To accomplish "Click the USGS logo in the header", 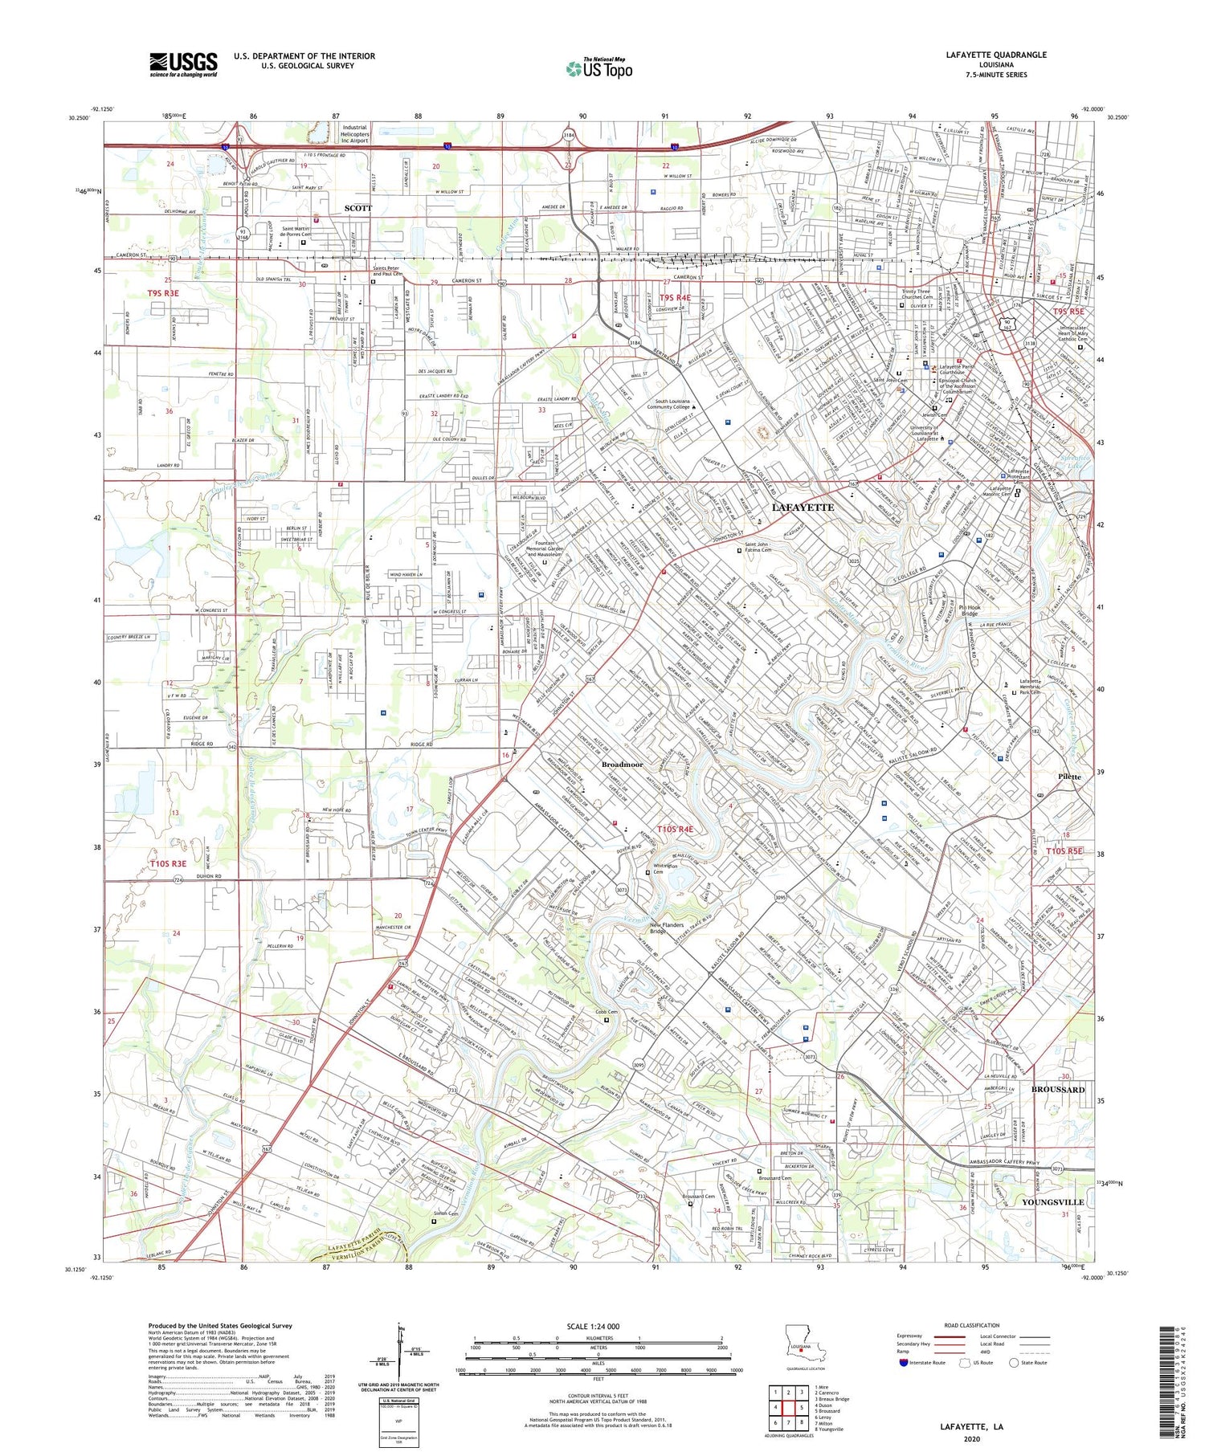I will [183, 63].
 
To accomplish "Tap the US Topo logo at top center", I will [598, 68].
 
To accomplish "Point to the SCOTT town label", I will [358, 208].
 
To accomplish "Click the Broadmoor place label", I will [622, 765].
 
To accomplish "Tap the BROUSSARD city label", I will [1058, 1090].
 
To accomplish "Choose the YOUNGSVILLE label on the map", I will [1052, 1202].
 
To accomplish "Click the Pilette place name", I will [1069, 777].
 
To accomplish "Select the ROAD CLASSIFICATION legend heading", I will [972, 1325].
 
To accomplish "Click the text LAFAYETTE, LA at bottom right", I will [971, 1426].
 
